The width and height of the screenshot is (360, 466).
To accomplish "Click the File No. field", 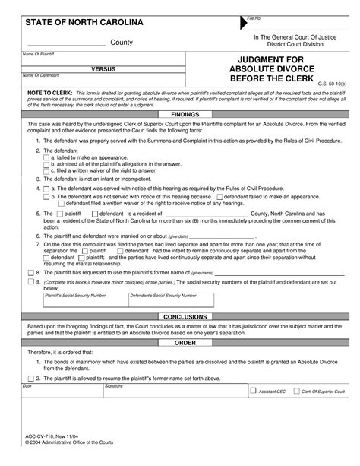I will tap(296, 24).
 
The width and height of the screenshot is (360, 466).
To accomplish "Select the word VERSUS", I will tap(103, 68).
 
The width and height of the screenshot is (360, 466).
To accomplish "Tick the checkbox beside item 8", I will tap(30, 271).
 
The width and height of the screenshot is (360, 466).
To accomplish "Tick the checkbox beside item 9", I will tap(30, 281).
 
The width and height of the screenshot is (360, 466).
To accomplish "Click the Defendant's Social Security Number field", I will tap(171, 303).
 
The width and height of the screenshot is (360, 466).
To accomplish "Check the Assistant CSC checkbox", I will tap(254, 392).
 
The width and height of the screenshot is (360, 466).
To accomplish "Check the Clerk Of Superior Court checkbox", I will tap(295, 392).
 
